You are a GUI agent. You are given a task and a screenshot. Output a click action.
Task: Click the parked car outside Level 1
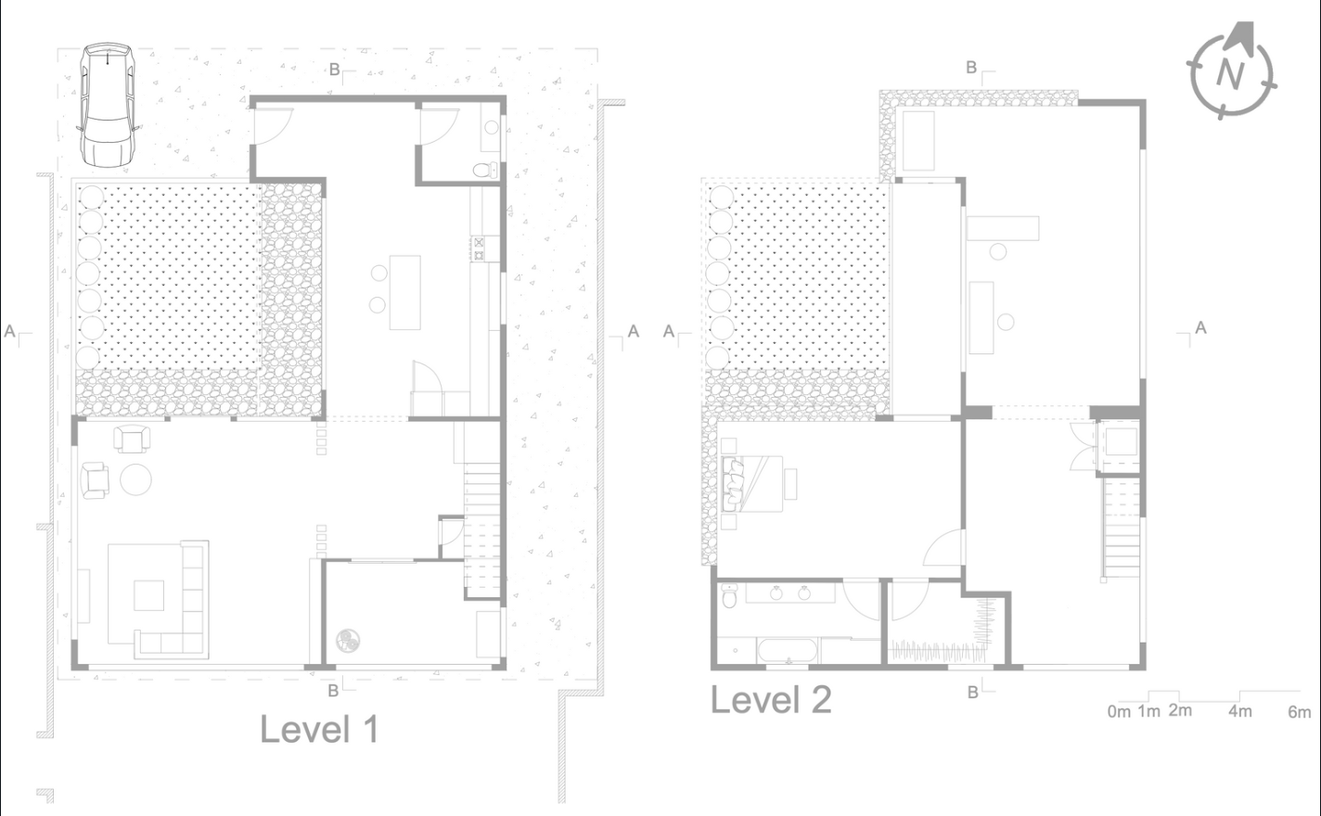107,105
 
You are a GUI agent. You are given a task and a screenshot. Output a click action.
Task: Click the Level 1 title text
318,730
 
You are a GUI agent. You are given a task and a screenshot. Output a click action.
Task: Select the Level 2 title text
771,700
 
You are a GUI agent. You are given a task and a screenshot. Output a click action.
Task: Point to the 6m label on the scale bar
1299,712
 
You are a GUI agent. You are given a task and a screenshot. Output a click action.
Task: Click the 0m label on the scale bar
1119,712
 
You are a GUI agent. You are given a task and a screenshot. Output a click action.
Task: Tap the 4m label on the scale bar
1240,711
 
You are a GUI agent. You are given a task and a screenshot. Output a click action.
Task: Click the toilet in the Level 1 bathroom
486,170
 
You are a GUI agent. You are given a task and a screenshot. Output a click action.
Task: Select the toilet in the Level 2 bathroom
730,596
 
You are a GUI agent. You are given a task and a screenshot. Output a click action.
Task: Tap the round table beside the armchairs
136,479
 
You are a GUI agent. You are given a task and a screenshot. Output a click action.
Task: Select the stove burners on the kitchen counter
481,248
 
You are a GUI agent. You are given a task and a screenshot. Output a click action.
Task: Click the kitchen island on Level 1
404,292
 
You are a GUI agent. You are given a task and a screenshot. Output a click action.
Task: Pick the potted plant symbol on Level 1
349,641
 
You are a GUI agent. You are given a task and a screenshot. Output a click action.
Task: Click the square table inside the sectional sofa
148,594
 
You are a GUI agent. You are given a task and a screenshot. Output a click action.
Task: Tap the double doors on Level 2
1081,447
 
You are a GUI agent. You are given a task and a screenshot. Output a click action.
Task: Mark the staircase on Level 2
1121,525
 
